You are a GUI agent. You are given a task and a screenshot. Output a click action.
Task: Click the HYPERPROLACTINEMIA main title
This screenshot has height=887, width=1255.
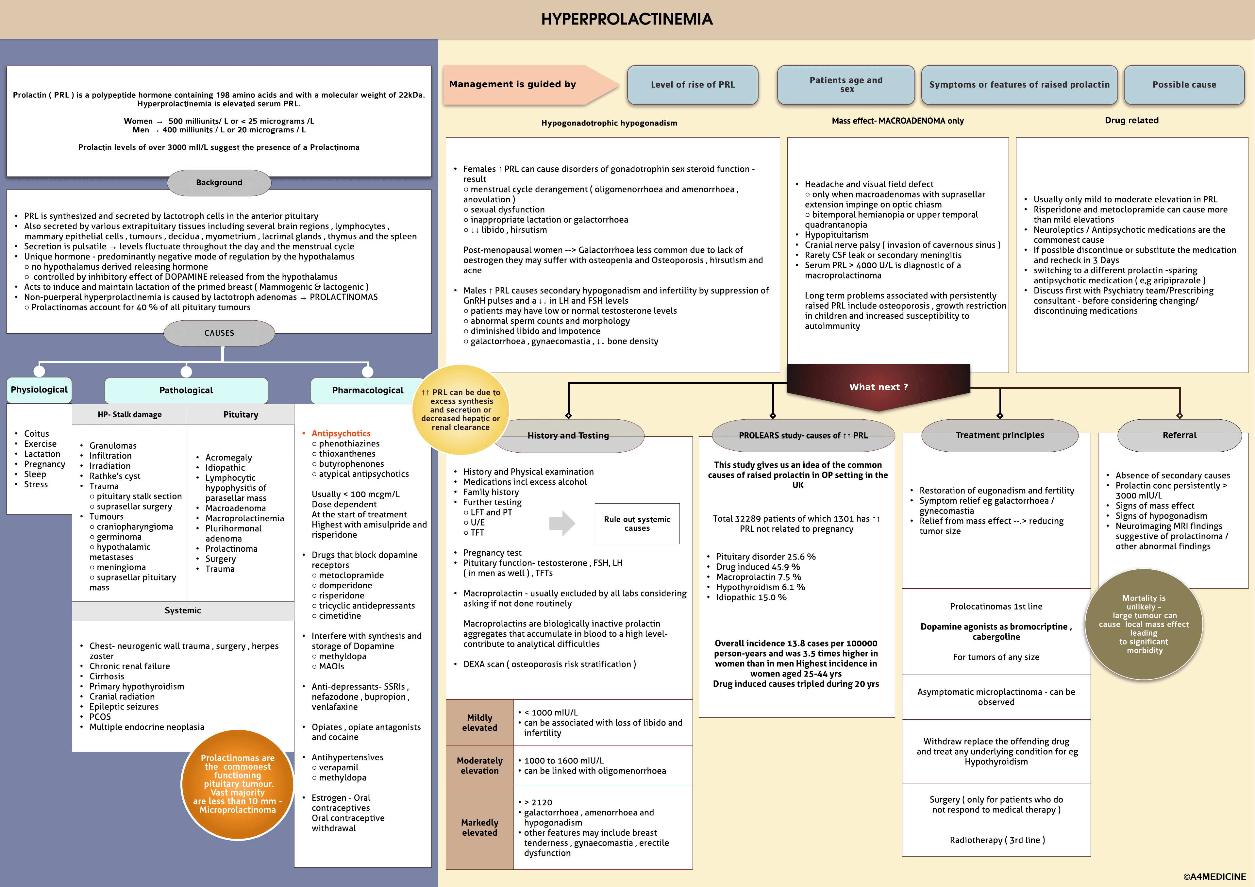tap(627, 19)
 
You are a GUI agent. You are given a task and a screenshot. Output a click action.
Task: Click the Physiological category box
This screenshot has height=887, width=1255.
tap(39, 390)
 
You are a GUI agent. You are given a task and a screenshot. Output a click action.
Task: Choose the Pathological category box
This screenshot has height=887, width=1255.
tap(186, 390)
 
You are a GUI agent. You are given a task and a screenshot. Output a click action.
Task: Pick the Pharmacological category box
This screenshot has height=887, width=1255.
tap(367, 390)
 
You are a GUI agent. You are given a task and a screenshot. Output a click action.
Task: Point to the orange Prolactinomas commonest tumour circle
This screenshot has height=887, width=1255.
tap(238, 784)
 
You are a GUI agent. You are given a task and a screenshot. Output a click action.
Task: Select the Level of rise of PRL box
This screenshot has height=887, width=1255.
tap(693, 85)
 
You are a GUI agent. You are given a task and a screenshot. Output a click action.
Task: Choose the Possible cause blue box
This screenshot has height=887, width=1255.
tap(1184, 85)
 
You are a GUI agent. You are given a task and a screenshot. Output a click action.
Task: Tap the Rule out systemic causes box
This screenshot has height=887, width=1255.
tap(637, 524)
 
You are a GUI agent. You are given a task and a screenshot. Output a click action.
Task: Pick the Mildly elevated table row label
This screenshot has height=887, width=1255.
tap(479, 723)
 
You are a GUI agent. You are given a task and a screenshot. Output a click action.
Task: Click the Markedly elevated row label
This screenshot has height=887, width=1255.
tap(479, 828)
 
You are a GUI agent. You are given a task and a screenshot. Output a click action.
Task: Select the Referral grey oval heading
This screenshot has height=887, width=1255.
tap(1179, 435)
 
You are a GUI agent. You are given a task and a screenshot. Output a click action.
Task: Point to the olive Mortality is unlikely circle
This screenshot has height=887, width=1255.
tap(1144, 624)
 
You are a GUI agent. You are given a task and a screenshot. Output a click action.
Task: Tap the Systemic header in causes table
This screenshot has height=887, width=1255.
tap(183, 611)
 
